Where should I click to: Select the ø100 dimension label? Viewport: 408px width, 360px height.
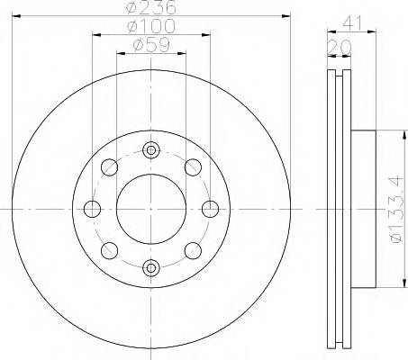(150, 27)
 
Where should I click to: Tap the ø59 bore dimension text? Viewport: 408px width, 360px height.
(150, 45)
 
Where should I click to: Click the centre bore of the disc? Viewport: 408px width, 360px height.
(150, 208)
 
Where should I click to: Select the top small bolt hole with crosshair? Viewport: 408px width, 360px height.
(150, 149)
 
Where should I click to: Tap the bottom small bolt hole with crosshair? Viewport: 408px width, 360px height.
(150, 266)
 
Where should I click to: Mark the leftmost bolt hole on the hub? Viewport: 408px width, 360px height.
(92, 209)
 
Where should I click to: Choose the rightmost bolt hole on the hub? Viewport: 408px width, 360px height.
(210, 209)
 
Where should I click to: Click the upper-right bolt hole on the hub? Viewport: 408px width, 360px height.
(192, 166)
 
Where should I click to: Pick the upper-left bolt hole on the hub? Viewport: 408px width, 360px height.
(109, 166)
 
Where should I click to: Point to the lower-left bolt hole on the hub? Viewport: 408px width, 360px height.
(109, 250)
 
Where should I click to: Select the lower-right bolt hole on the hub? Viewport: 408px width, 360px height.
(192, 250)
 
